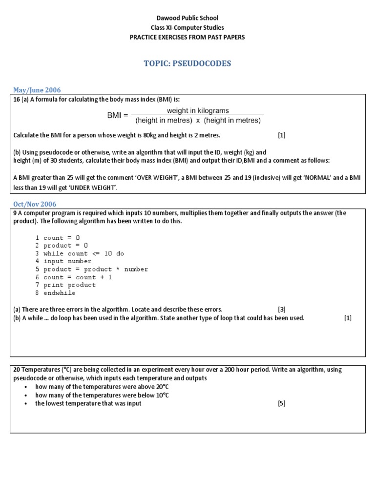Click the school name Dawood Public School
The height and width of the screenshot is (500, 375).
(187, 18)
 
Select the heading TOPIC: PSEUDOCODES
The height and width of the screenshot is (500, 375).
(187, 63)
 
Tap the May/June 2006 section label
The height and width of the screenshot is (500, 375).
(37, 90)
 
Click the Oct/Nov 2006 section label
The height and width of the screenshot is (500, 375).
(35, 204)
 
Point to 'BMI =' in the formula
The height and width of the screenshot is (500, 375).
(117, 116)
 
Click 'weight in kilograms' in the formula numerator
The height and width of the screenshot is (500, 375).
(198, 111)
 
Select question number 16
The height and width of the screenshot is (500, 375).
(17, 99)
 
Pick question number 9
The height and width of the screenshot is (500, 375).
(15, 213)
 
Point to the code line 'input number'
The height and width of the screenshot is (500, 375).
(67, 261)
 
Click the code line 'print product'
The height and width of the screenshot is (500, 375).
(69, 285)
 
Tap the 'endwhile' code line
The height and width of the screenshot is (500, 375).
(59, 293)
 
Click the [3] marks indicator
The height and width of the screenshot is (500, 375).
(281, 309)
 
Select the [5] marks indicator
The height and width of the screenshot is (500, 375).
(281, 403)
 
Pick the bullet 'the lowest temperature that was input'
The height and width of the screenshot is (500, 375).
(88, 403)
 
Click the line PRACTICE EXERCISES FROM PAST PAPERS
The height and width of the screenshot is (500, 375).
(187, 37)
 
